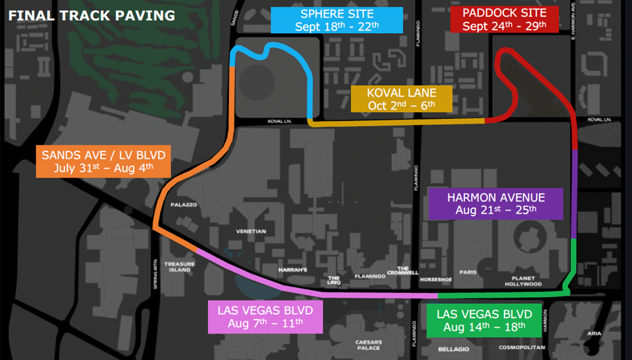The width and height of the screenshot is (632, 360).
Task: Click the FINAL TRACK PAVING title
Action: pyautogui.click(x=91, y=15)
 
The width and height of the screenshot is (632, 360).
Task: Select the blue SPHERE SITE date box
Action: pyautogui.click(x=336, y=20)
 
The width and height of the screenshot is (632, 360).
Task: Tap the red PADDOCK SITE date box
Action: pyautogui.click(x=504, y=20)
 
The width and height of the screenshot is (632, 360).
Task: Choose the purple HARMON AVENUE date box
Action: pyautogui.click(x=496, y=203)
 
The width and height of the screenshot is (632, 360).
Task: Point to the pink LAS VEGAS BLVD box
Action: pyautogui.click(x=265, y=317)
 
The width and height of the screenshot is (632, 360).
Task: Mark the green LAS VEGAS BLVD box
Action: pyautogui.click(x=484, y=321)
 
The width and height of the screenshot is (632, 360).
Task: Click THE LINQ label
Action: pyautogui.click(x=334, y=280)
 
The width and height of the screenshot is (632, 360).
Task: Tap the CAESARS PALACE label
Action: pyautogui.click(x=369, y=345)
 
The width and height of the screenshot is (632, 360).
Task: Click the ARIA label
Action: pyautogui.click(x=594, y=334)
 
